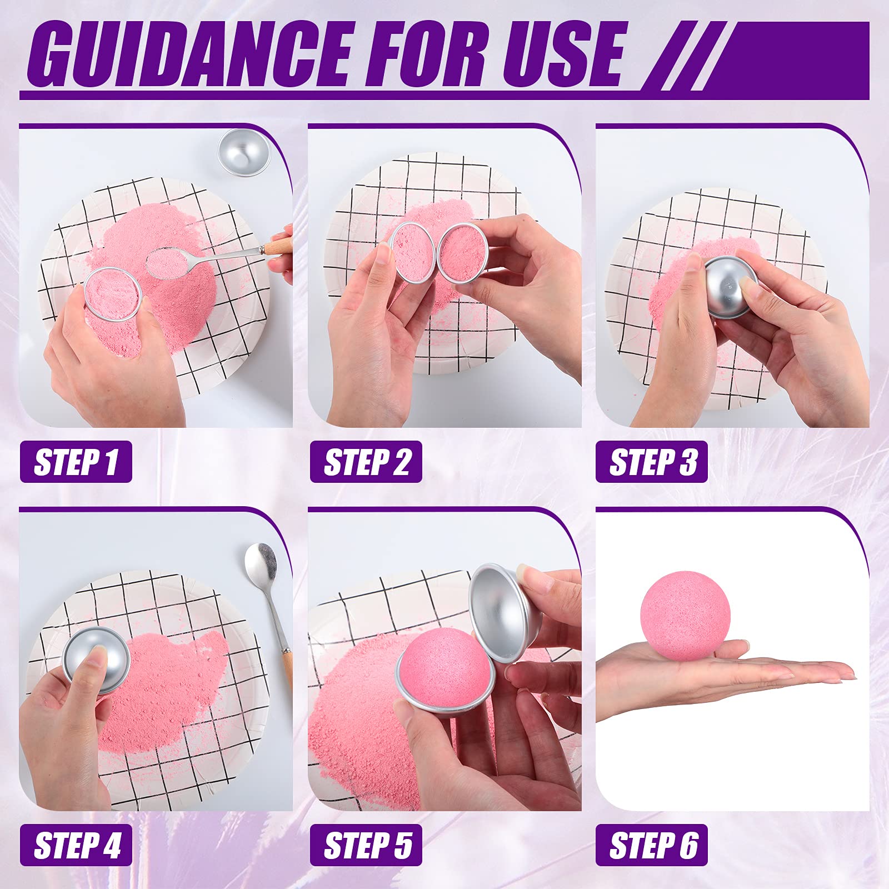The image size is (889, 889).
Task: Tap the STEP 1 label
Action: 76,462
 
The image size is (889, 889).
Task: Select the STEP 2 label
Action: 366,462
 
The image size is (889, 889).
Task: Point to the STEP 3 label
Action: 652,462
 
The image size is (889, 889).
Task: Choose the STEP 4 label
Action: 76,845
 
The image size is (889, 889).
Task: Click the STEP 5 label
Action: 366,845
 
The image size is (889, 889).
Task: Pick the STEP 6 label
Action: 652,845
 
